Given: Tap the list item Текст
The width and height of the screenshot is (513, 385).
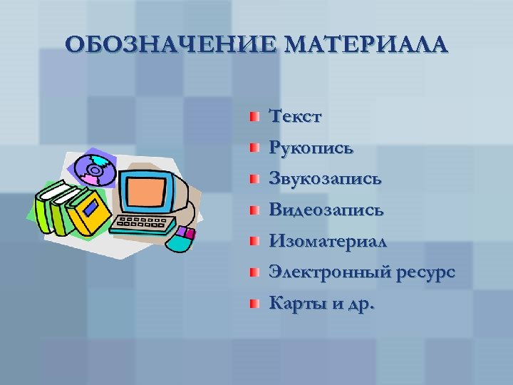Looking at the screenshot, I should pyautogui.click(x=295, y=116).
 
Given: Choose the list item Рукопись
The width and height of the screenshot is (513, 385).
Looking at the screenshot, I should pyautogui.click(x=311, y=148).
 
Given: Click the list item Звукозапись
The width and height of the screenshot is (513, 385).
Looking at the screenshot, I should pyautogui.click(x=325, y=179).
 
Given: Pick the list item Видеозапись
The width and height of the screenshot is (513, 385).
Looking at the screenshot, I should pyautogui.click(x=326, y=210).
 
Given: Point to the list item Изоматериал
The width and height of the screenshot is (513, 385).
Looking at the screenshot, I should pyautogui.click(x=328, y=242).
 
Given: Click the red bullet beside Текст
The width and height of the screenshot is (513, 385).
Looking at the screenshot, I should pyautogui.click(x=253, y=116).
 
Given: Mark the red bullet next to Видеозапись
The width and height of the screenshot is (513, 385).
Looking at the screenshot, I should pyautogui.click(x=253, y=210).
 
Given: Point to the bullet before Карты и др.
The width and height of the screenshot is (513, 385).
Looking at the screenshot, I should pyautogui.click(x=253, y=304).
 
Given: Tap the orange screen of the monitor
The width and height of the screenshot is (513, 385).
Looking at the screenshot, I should pyautogui.click(x=147, y=191).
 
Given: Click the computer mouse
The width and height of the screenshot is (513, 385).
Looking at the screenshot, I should pyautogui.click(x=180, y=240).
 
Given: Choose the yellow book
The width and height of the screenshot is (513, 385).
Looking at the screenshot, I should pyautogui.click(x=89, y=212).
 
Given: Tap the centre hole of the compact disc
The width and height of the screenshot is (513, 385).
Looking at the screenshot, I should pyautogui.click(x=94, y=170).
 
